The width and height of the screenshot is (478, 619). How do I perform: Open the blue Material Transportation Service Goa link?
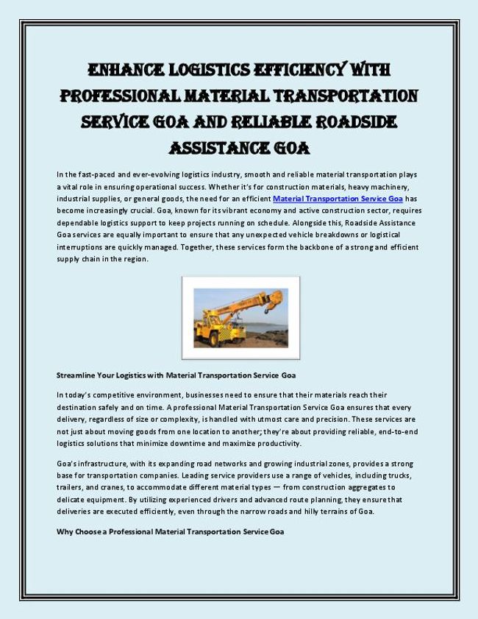[338, 199]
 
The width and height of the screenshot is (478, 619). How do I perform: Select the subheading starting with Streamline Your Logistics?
[176, 375]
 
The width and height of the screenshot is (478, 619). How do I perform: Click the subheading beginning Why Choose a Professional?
[170, 531]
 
